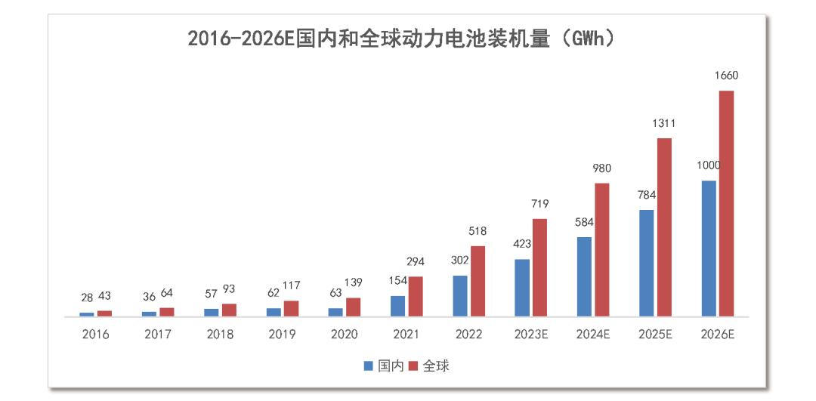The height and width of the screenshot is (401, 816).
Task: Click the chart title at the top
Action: (400, 39)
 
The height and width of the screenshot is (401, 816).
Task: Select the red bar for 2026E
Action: (726, 203)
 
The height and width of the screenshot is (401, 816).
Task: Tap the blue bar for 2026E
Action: (709, 248)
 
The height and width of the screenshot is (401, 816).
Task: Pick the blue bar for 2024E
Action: (584, 276)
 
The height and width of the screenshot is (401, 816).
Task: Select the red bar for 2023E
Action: (539, 267)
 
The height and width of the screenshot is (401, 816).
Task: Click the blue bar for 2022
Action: (460, 295)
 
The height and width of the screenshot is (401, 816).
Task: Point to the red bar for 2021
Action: (416, 296)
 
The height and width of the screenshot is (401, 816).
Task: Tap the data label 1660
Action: (726, 76)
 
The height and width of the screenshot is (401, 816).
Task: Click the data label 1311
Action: (664, 123)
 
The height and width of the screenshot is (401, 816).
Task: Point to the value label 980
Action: (602, 168)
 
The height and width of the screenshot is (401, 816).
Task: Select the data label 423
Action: (522, 244)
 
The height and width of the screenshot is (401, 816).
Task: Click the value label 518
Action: (478, 231)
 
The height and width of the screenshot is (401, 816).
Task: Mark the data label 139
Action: (353, 283)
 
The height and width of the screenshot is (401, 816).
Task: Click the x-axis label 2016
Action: (96, 335)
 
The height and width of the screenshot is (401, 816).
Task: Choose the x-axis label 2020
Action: (345, 335)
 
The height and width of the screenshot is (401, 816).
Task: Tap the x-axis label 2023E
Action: (531, 335)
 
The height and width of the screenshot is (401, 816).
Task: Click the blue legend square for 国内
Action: (369, 366)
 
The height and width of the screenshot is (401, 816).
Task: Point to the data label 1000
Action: (709, 166)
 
